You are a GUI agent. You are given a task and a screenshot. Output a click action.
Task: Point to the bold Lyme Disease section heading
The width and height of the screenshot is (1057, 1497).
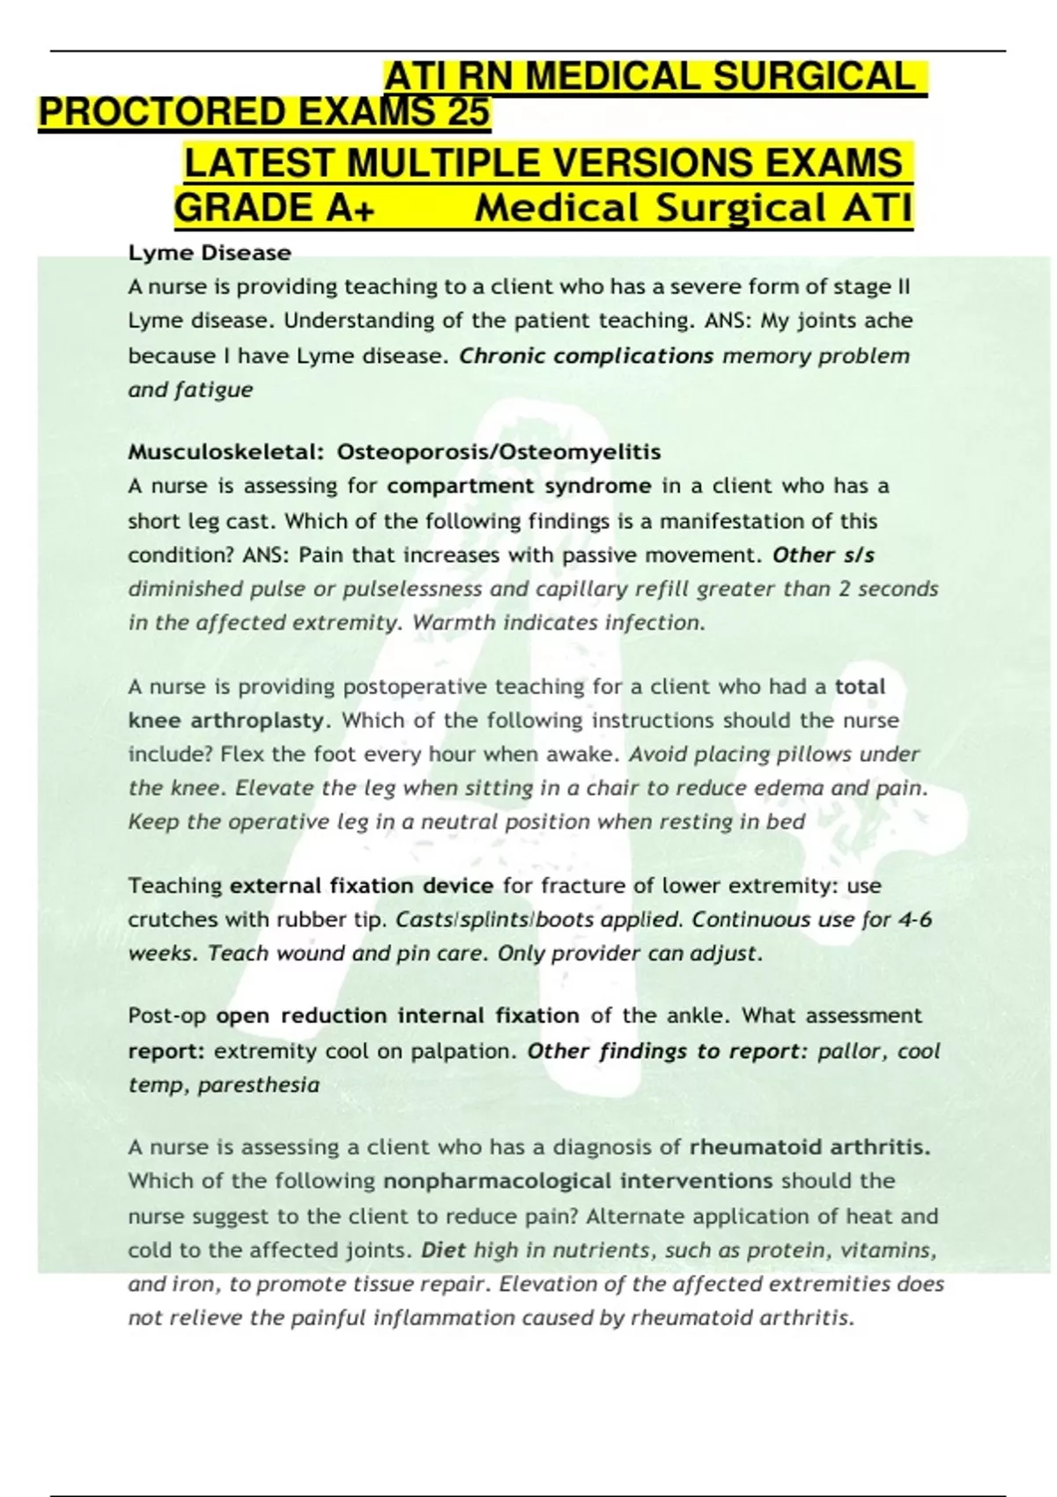tap(210, 254)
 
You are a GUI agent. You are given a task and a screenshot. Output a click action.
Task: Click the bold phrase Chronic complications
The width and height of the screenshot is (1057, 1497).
tap(587, 356)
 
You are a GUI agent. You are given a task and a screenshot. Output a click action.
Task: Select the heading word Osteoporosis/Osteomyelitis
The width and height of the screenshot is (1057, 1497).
tap(499, 453)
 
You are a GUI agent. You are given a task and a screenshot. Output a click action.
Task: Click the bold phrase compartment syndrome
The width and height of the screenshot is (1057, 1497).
tap(519, 486)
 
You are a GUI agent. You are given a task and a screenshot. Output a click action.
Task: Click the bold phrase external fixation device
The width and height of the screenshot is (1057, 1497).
tap(361, 886)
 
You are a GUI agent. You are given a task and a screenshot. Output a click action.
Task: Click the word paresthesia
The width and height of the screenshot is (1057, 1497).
tap(258, 1085)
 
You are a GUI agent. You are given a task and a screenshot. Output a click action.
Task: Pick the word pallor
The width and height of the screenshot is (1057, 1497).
tap(846, 1051)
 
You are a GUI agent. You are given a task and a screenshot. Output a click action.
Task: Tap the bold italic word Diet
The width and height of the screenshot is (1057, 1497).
tap(443, 1250)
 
